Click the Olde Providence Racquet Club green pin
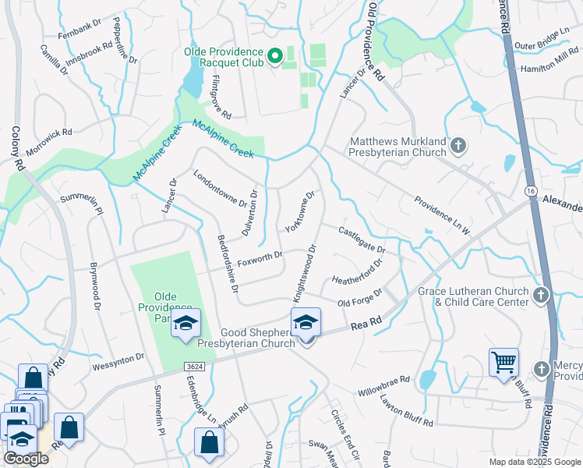pos(274,56)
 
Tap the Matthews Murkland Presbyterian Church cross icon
pos(459,145)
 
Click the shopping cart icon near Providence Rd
pos(504,363)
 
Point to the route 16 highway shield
pos(531,190)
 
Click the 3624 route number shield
pos(195,366)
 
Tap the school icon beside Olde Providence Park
pos(186,324)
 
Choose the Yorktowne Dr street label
pos(299,211)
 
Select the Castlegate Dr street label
pos(362,239)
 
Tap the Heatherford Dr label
pos(357,271)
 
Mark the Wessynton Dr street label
pos(118,360)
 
